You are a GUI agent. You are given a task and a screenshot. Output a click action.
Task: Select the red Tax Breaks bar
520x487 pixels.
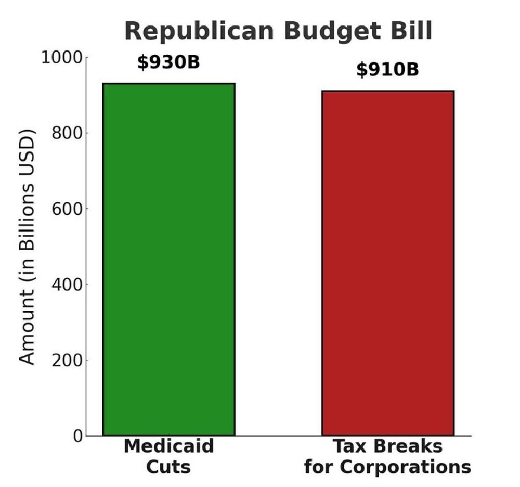(x=388, y=263)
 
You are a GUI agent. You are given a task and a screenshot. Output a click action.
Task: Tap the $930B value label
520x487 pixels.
(x=168, y=62)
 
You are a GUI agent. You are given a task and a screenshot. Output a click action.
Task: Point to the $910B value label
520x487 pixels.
(x=387, y=69)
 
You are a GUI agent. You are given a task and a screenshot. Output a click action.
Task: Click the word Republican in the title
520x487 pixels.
(x=199, y=31)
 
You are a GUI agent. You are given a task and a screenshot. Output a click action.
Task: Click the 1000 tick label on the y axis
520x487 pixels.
(x=61, y=57)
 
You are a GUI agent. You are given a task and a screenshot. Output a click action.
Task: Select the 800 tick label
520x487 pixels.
(x=67, y=133)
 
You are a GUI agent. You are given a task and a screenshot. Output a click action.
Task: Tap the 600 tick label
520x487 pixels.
(x=67, y=209)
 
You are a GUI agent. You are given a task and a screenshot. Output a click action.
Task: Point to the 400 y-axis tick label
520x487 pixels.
(x=67, y=285)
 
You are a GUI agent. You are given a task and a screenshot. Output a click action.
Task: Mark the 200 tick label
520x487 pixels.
(x=67, y=360)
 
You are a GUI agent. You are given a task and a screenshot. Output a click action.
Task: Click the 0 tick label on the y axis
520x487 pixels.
(x=77, y=435)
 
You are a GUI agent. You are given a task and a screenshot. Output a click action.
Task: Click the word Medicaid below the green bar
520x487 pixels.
(x=168, y=446)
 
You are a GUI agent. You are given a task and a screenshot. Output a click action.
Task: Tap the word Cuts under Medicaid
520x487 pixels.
(x=168, y=467)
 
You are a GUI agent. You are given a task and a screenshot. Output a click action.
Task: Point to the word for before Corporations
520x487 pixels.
(x=318, y=467)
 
